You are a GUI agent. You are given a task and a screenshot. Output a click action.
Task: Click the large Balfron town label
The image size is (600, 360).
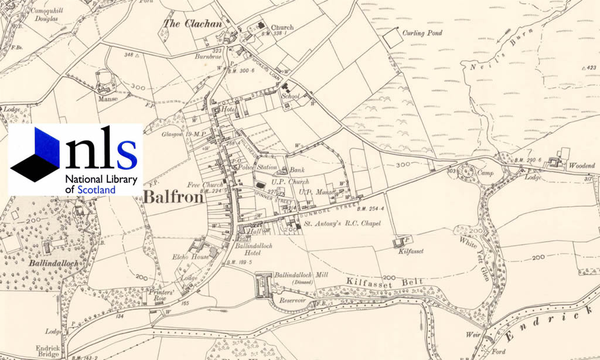pyautogui.click(x=173, y=197)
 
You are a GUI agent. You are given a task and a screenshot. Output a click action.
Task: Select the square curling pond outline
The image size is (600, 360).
pyautogui.click(x=392, y=39)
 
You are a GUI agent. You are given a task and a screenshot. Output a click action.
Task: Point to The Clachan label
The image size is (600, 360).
pyautogui.click(x=193, y=24)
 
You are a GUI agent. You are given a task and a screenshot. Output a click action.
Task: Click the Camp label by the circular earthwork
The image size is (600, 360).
pyautogui.click(x=485, y=174)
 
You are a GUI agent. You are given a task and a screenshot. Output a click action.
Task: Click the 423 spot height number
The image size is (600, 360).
pyautogui.click(x=589, y=68)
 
